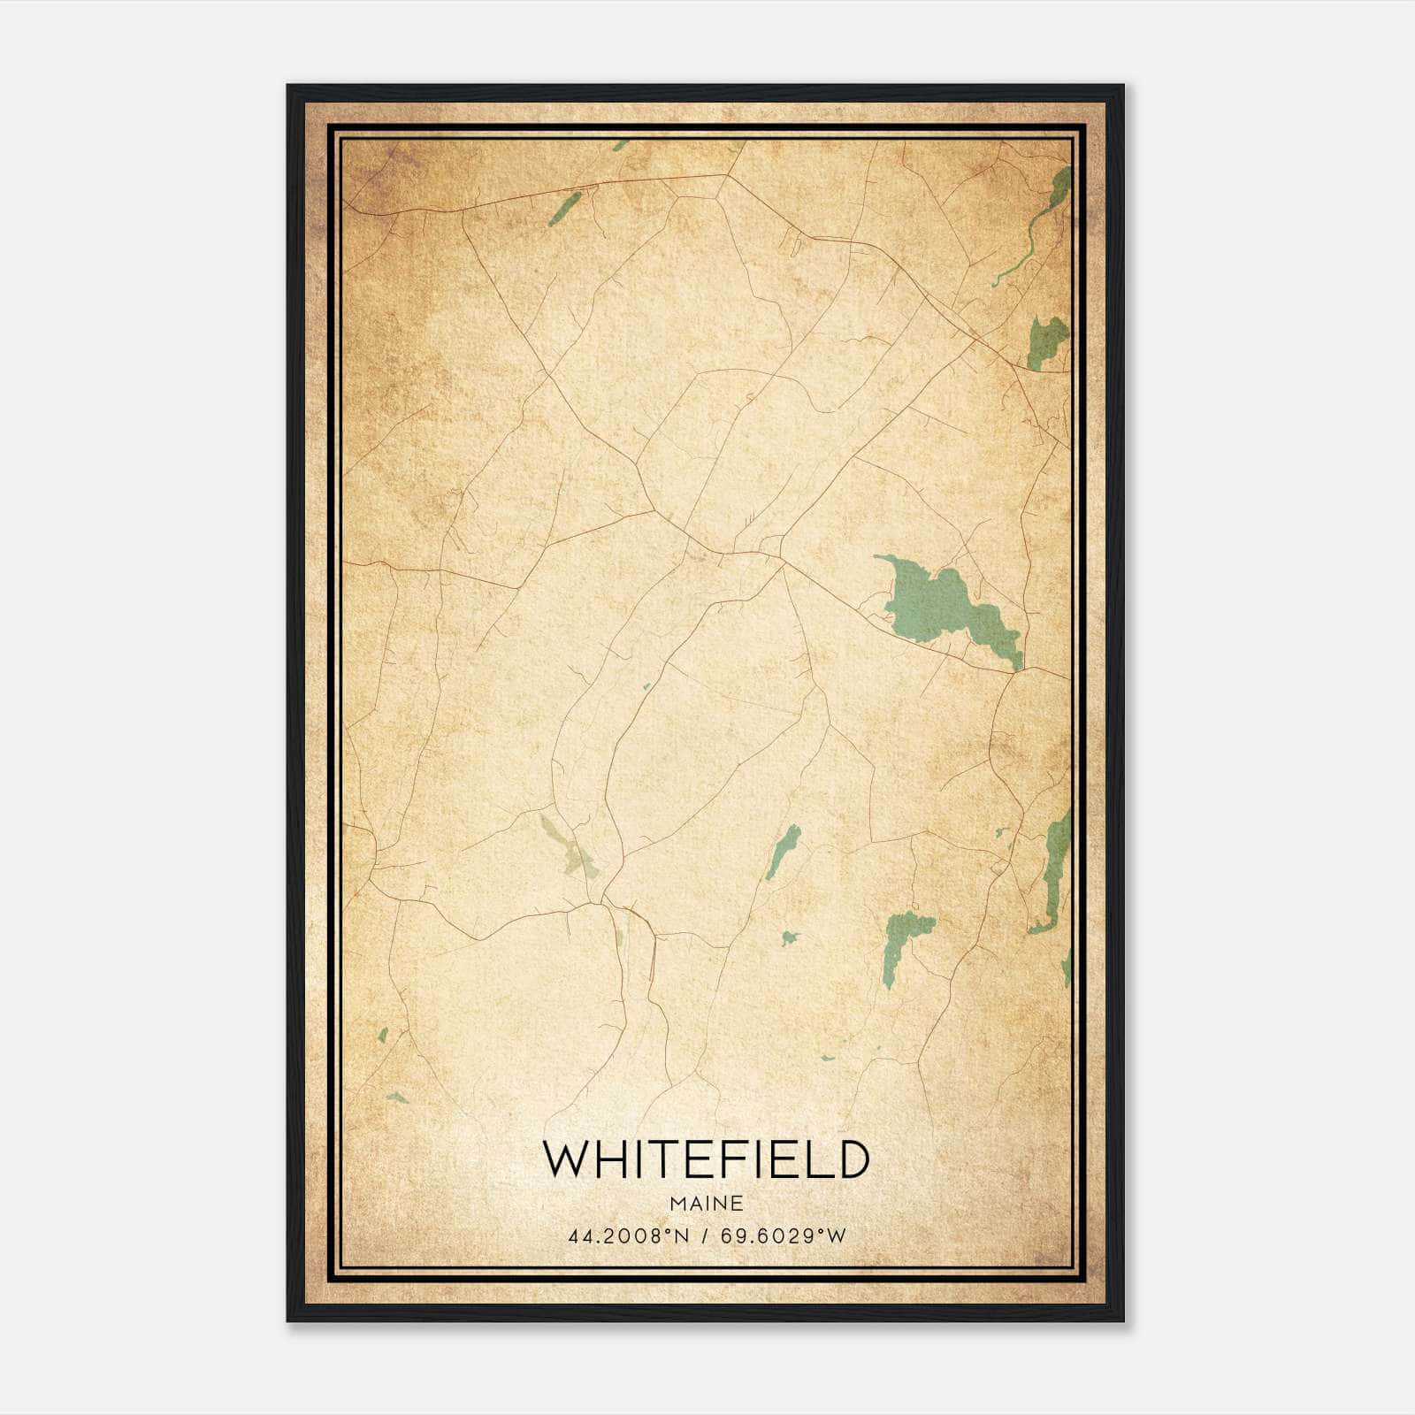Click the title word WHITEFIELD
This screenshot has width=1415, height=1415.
[x=706, y=1159]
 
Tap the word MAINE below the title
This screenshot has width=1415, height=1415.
[x=706, y=1204]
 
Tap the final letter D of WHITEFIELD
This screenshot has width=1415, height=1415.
[x=853, y=1159]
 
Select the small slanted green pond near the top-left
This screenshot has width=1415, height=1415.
[x=564, y=209]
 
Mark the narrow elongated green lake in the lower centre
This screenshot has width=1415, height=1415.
[x=783, y=851]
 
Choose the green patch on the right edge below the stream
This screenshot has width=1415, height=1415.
[x=1048, y=340]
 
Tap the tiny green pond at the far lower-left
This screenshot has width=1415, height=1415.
[x=383, y=1035]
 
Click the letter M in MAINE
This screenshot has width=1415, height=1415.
[x=677, y=1204]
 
